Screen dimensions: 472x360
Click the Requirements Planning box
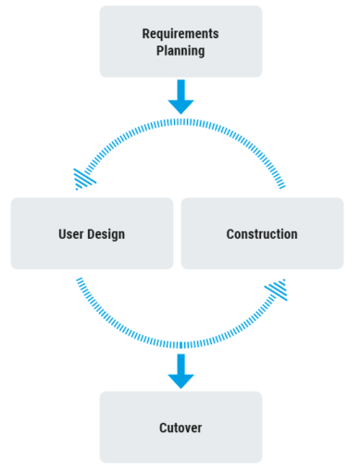180,42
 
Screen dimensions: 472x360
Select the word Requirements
180,33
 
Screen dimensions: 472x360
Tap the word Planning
180,50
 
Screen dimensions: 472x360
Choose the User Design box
92,233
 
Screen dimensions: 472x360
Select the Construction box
262,233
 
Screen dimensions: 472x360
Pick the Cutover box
180,428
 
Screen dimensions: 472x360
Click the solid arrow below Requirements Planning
180,96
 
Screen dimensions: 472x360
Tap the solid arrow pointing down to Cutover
180,371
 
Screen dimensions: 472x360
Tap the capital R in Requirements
146,33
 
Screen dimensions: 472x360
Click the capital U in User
62,234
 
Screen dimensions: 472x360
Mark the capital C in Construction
230,234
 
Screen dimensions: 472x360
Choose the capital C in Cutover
163,428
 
